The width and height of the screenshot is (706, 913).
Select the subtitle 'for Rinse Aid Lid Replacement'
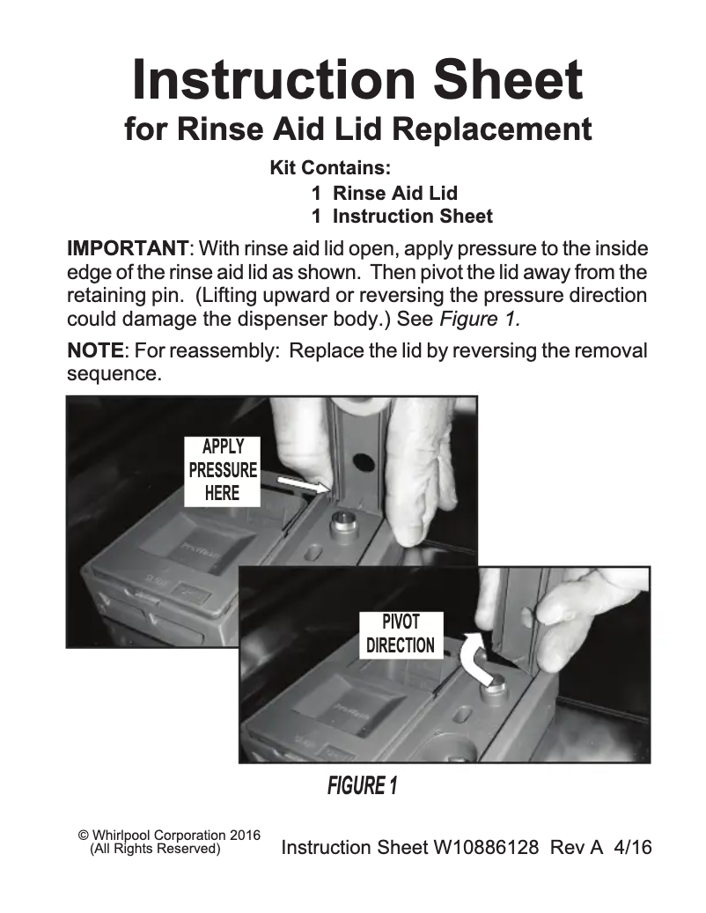click(357, 130)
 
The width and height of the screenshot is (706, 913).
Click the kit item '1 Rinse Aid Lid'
click(385, 193)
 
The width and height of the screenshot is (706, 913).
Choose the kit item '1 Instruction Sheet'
click(401, 217)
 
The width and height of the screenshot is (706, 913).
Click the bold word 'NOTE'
click(95, 351)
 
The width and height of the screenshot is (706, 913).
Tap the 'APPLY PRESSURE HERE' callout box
click(223, 470)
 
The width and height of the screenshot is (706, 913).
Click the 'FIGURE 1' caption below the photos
click(362, 785)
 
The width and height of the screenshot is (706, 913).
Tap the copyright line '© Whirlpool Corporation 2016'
click(169, 835)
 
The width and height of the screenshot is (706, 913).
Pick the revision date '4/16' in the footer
click(632, 848)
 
